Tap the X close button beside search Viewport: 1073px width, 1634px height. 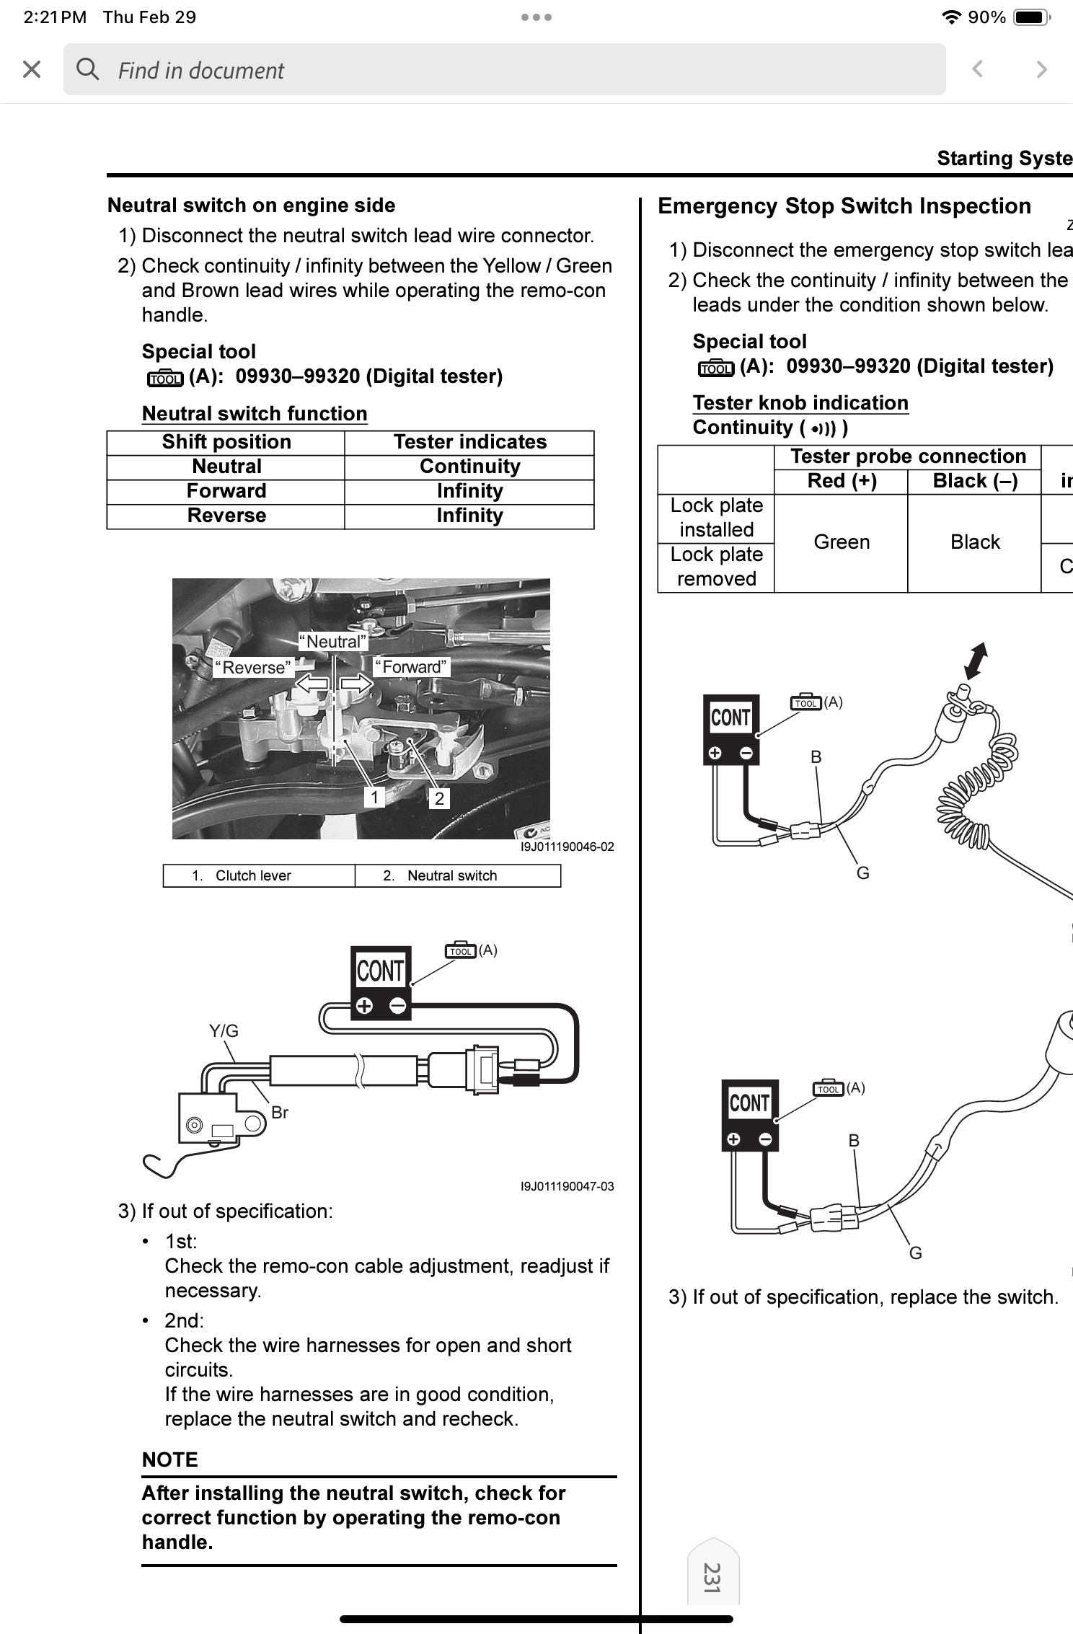click(x=32, y=69)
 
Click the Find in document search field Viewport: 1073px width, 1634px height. click(x=504, y=69)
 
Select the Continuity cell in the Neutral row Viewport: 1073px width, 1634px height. click(x=469, y=467)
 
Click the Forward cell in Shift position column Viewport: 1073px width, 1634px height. click(x=226, y=491)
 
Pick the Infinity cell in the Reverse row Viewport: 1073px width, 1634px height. click(x=469, y=516)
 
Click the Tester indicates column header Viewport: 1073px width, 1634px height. click(x=469, y=442)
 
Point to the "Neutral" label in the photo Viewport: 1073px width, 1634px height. click(x=333, y=641)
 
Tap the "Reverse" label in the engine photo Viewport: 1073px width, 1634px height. click(x=254, y=668)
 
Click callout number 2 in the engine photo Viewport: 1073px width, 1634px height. click(x=439, y=798)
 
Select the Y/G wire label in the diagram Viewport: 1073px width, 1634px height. click(x=224, y=1030)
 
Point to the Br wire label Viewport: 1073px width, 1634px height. click(x=280, y=1113)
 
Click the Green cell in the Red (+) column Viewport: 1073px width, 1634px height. click(x=842, y=542)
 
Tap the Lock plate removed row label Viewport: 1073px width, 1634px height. click(x=716, y=567)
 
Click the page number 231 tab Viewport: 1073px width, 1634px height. click(x=712, y=1578)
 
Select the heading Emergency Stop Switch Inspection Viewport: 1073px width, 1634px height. click(x=844, y=206)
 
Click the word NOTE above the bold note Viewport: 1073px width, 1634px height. click(x=170, y=1459)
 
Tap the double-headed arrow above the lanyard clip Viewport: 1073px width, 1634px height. click(x=976, y=661)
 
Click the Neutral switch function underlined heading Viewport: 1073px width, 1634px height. click(x=255, y=414)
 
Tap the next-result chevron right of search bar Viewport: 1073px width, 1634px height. click(x=1041, y=69)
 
